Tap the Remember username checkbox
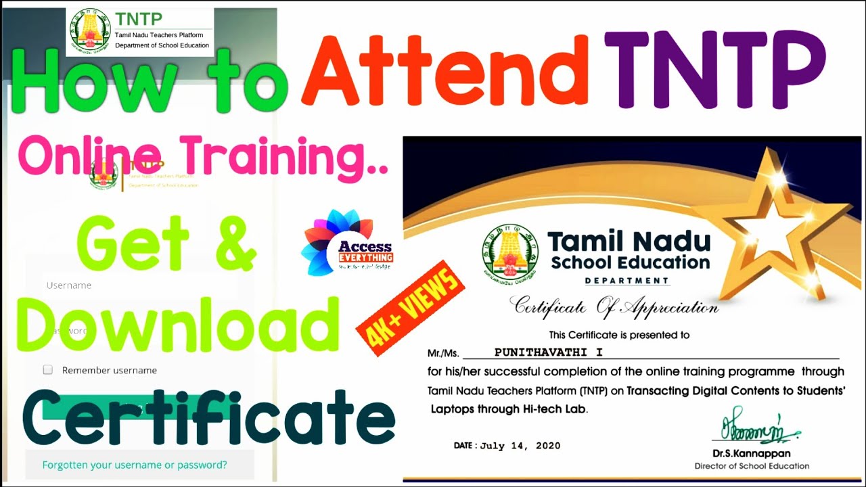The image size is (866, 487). tap(48, 370)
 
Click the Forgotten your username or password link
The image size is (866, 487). tap(135, 465)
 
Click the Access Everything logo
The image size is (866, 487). tap(347, 244)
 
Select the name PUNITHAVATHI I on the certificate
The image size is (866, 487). tap(548, 352)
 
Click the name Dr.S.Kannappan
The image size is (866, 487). tap(751, 454)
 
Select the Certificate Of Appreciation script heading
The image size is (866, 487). tap(614, 307)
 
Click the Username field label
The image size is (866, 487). tap(69, 285)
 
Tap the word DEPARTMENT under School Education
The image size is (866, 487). tap(626, 281)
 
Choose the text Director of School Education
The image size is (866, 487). tap(752, 466)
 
